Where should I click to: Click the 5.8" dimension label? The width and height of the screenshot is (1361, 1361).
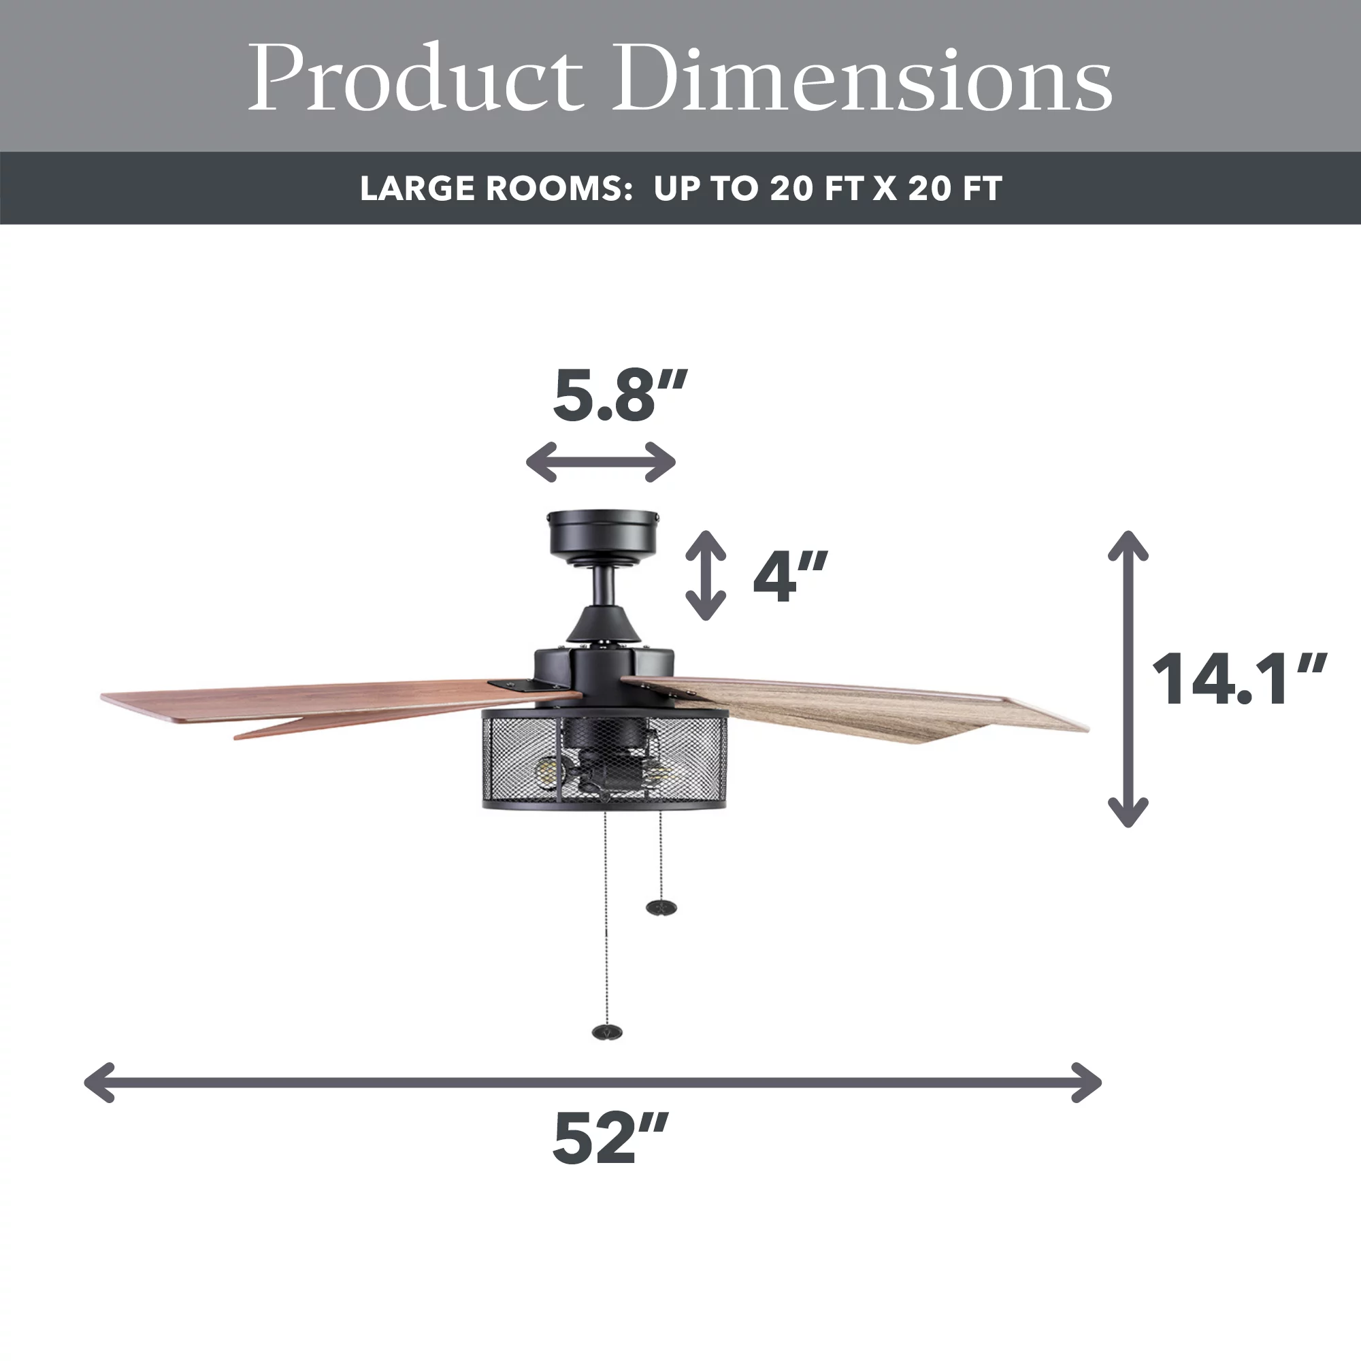tap(619, 395)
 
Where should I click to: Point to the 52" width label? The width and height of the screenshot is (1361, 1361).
tap(610, 1138)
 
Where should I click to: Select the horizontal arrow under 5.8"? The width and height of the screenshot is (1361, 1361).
tap(601, 462)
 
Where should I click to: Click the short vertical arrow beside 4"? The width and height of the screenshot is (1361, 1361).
tap(706, 575)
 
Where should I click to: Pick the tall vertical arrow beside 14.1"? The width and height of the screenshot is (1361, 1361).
tap(1128, 678)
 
